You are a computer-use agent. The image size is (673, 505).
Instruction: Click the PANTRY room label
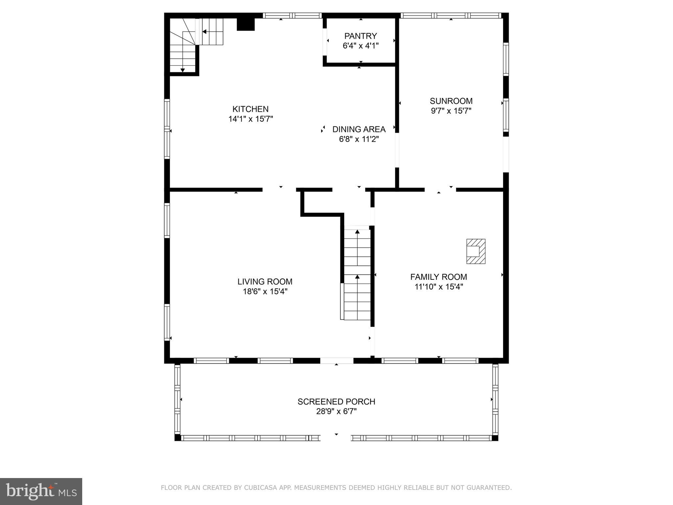click(360, 36)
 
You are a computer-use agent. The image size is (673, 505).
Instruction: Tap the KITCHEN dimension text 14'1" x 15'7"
click(251, 119)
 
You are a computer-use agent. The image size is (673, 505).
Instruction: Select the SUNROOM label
click(451, 101)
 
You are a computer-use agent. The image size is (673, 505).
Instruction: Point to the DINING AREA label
click(359, 129)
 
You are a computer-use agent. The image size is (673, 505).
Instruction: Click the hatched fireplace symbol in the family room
click(476, 251)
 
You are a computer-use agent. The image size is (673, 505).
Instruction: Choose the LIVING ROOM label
click(265, 281)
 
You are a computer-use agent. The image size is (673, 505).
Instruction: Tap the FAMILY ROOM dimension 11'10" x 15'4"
click(439, 287)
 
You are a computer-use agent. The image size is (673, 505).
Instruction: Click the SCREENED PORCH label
click(336, 401)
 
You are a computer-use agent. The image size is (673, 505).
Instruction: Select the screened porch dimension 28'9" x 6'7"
click(336, 411)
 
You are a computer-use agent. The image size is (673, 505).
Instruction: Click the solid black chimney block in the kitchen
click(246, 24)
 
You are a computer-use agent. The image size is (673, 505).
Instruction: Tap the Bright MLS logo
click(41, 491)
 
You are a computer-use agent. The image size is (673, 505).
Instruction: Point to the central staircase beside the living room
click(357, 275)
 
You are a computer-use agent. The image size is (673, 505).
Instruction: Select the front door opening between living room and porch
click(337, 361)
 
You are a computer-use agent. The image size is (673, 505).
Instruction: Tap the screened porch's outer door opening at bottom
click(336, 438)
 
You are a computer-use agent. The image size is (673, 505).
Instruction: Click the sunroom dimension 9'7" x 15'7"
click(451, 111)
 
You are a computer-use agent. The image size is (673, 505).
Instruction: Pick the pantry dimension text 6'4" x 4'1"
click(360, 46)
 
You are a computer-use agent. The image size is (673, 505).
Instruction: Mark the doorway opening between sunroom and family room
click(440, 190)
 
